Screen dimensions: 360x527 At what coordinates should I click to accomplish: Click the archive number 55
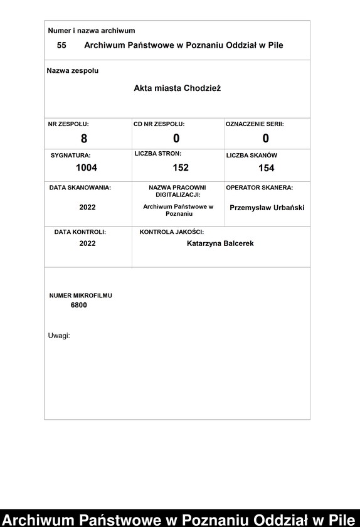click(61, 45)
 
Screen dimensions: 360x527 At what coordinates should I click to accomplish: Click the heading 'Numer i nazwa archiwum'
click(92, 31)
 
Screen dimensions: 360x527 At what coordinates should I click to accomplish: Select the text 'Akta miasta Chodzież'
click(177, 88)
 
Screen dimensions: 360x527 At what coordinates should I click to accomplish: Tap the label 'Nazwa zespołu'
click(73, 71)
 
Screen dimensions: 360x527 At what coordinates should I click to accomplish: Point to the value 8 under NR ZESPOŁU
click(84, 139)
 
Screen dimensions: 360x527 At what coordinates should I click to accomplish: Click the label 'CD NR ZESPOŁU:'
click(159, 124)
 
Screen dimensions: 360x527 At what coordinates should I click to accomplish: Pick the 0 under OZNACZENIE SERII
click(266, 138)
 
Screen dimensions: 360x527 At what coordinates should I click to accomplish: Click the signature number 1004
click(87, 168)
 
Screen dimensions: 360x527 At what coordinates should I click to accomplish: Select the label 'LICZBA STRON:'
click(158, 154)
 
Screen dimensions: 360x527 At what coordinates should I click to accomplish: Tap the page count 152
click(181, 168)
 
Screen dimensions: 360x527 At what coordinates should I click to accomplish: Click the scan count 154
click(267, 168)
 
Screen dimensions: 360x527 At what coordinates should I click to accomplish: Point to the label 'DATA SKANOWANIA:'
click(80, 188)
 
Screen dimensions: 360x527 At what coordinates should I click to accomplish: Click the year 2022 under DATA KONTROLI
click(88, 243)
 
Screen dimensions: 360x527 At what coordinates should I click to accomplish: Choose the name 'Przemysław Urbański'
click(267, 207)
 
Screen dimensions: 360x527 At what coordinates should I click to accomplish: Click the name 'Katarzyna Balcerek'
click(220, 243)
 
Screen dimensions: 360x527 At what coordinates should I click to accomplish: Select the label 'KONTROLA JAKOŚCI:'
click(172, 232)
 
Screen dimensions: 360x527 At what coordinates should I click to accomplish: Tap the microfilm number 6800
click(79, 306)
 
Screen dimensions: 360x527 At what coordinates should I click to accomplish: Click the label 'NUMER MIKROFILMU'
click(81, 295)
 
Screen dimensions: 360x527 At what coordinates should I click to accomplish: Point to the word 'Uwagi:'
click(59, 336)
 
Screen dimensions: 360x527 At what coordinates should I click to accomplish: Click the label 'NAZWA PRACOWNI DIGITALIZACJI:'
click(177, 191)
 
